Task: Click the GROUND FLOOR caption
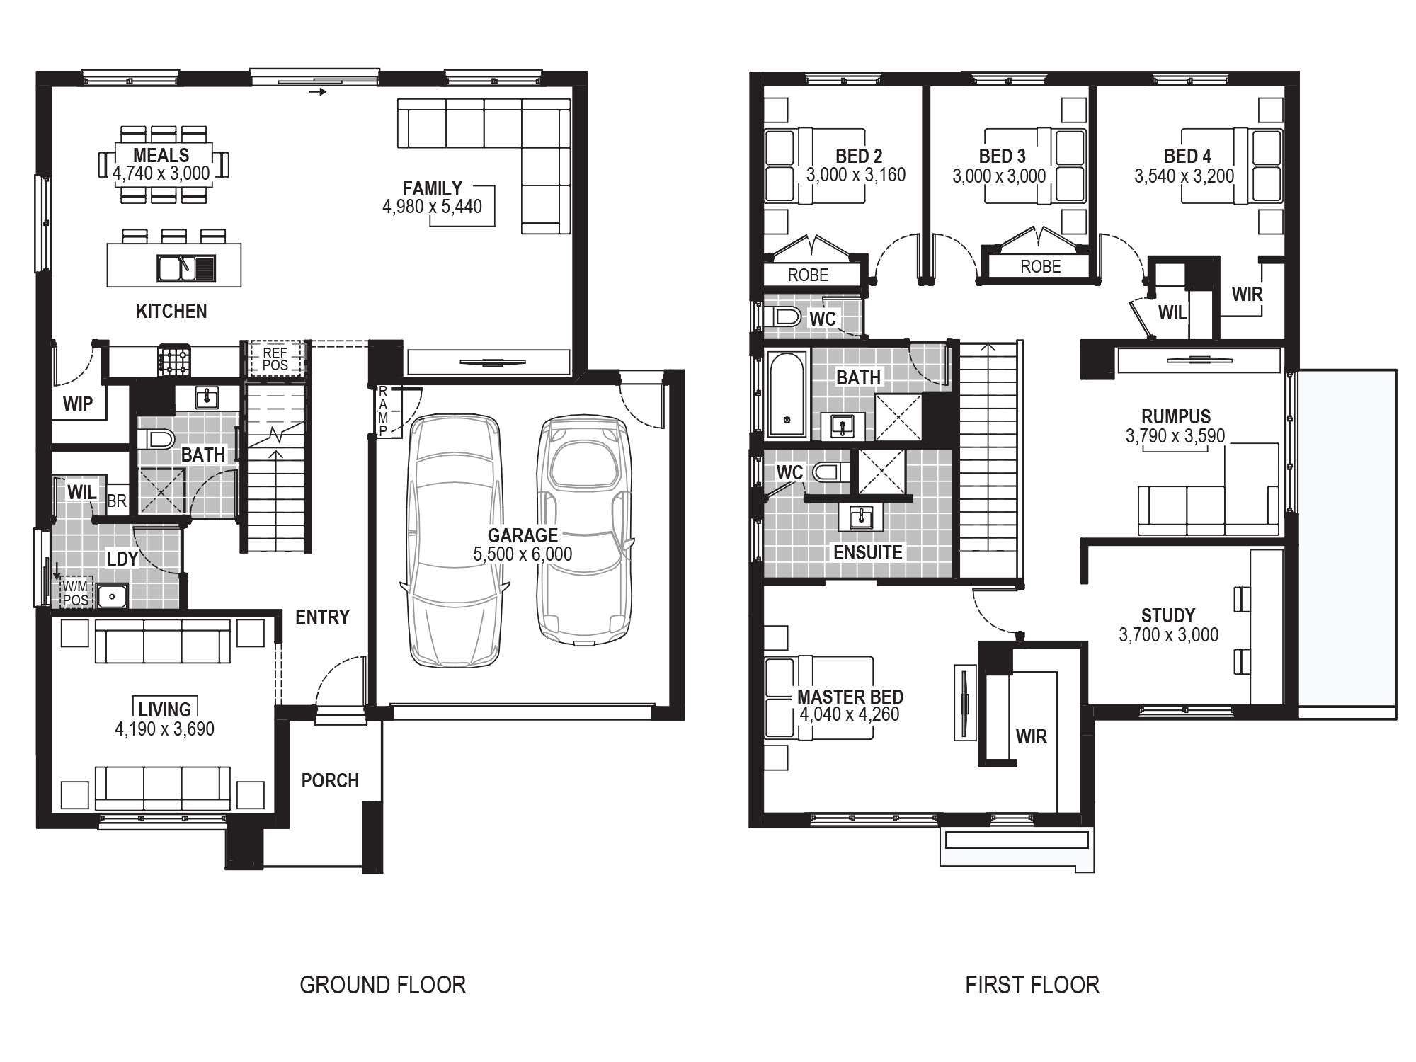coord(382,985)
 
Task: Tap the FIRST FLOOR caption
coord(1032,985)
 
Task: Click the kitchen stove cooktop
coord(174,360)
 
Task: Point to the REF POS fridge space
coord(275,359)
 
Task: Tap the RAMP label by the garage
coord(383,411)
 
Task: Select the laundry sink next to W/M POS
coord(112,596)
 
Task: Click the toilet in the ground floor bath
coord(156,440)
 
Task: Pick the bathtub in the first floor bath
coord(787,394)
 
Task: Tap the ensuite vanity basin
coord(862,517)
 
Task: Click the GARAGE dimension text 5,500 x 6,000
coord(523,554)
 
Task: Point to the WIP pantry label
coord(78,404)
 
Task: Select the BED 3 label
coord(1002,156)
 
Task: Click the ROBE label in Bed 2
coord(808,275)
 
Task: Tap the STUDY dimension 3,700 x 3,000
coord(1168,635)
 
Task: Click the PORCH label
coord(330,780)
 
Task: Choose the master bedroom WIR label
coord(1031,737)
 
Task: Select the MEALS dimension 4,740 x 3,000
coord(161,173)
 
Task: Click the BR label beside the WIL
coord(117,501)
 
